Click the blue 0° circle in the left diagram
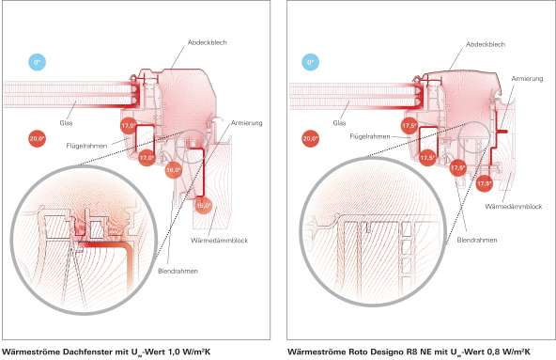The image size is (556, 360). (x=38, y=62)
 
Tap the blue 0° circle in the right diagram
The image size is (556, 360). (x=310, y=62)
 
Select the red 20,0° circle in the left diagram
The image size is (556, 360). (x=38, y=138)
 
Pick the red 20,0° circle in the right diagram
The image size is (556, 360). (x=310, y=138)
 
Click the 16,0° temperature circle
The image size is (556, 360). (x=174, y=170)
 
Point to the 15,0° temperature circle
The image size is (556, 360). (x=204, y=206)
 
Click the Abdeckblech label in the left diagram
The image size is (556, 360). (x=207, y=42)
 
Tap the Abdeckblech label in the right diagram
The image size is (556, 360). (x=486, y=44)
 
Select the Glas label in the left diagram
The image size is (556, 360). (x=66, y=123)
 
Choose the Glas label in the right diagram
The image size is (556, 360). (x=339, y=123)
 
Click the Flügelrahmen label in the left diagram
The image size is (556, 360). (x=86, y=146)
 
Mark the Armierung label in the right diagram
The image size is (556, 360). (x=527, y=78)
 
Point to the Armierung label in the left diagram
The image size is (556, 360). (x=246, y=123)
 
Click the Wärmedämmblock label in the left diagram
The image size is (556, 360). (x=219, y=241)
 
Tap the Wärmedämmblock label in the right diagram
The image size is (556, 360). (x=514, y=206)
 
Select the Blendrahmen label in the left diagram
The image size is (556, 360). (x=178, y=271)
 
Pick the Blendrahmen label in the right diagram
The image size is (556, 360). (x=477, y=240)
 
